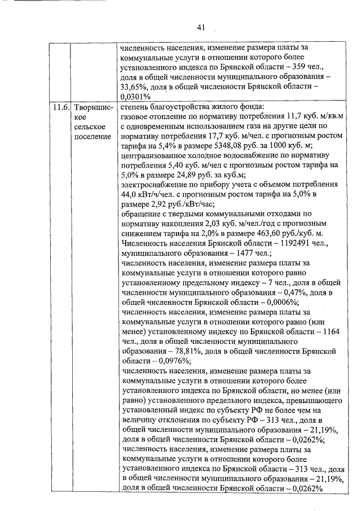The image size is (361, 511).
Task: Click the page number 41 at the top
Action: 201,27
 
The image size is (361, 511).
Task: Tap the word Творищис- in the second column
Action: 93,107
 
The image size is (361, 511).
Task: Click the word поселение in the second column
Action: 93,137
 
